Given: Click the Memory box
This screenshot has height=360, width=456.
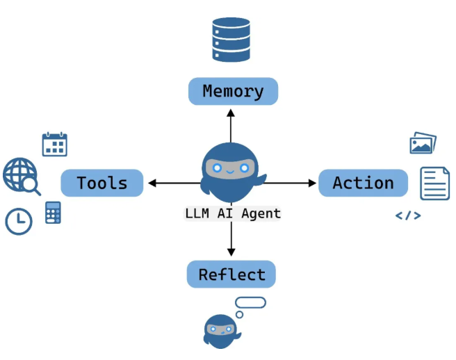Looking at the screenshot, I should [233, 91].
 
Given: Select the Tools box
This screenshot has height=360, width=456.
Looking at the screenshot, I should [102, 183].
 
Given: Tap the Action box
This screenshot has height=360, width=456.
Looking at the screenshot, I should [363, 183].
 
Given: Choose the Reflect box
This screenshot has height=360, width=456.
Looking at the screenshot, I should [231, 275].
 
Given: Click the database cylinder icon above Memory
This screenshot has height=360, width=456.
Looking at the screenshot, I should [231, 40].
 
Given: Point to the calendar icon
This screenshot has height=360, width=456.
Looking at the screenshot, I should [55, 144].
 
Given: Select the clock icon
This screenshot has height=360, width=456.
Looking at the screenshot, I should [19, 221].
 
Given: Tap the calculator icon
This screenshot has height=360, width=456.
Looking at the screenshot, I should [53, 212].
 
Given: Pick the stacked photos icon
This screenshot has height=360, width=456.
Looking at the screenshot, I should [423, 144].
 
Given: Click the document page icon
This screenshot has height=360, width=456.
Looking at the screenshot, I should [434, 183].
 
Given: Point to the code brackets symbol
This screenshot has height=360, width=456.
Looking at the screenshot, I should [408, 215].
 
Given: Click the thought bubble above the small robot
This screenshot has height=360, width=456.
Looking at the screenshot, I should [250, 303].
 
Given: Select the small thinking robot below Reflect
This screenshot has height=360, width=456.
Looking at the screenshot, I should [221, 332].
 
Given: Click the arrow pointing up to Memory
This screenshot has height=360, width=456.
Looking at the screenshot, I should [231, 125].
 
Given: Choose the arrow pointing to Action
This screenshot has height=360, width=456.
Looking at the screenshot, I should [292, 183].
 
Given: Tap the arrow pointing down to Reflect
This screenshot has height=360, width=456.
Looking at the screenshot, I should [231, 240].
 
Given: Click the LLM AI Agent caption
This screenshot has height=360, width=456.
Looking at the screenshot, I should [232, 213].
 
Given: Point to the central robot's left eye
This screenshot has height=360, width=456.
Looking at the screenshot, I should [218, 168].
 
